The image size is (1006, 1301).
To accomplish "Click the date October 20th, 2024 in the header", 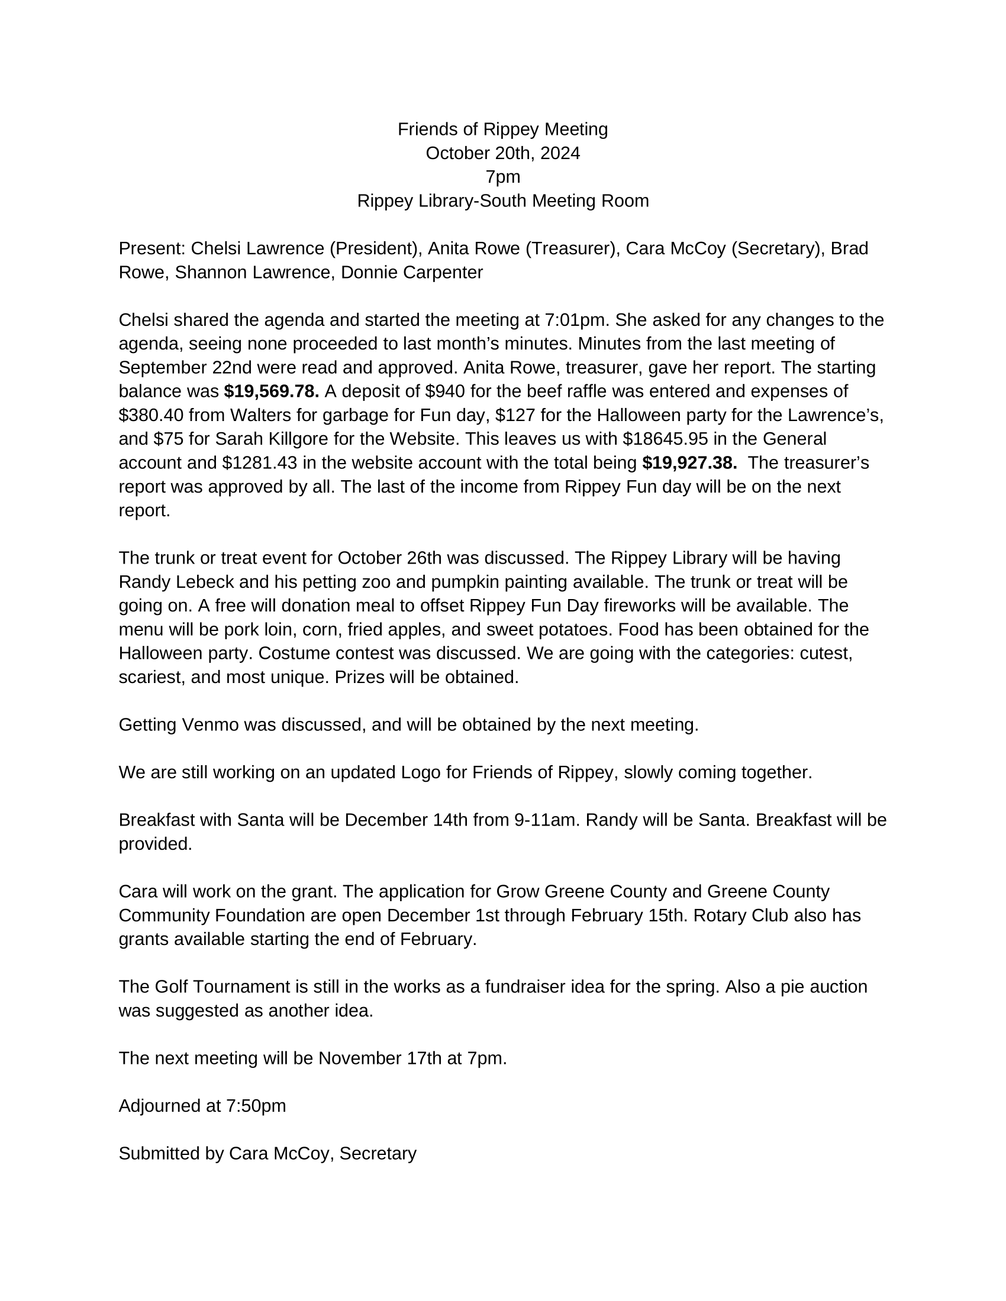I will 502,153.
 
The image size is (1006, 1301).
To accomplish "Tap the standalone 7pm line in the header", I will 502,177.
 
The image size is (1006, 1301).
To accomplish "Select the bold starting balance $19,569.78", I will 271,391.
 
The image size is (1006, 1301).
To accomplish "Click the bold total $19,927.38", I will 689,463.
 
